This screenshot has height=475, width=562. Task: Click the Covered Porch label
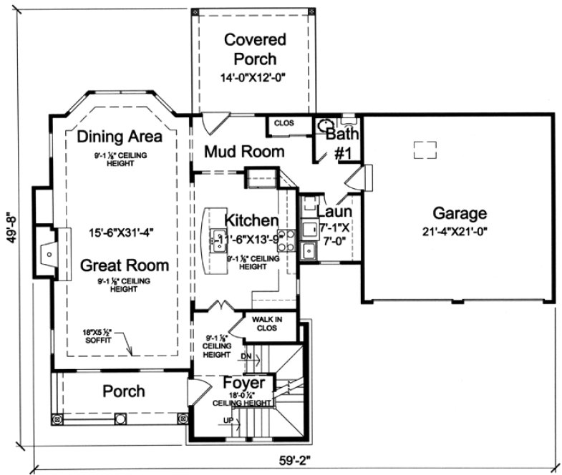254,49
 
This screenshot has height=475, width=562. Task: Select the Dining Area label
120,136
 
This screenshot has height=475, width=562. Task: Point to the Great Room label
125,265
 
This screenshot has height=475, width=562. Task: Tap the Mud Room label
244,152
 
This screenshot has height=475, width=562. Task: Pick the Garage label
460,212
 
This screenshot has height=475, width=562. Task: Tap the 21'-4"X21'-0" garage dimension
460,230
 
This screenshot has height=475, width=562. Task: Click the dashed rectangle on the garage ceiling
425,149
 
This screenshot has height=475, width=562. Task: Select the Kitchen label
251,219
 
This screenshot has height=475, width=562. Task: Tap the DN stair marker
245,356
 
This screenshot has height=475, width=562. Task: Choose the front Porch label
124,391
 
